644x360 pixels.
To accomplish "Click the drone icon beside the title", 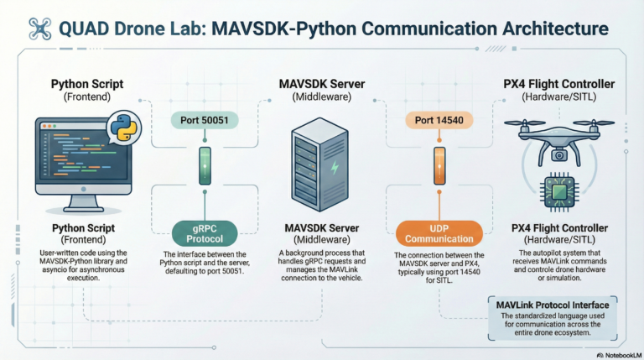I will tap(39, 30).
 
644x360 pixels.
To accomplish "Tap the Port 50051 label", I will tap(205, 120).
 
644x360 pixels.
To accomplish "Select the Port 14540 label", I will tap(434, 120).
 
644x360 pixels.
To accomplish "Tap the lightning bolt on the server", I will tap(335, 169).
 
